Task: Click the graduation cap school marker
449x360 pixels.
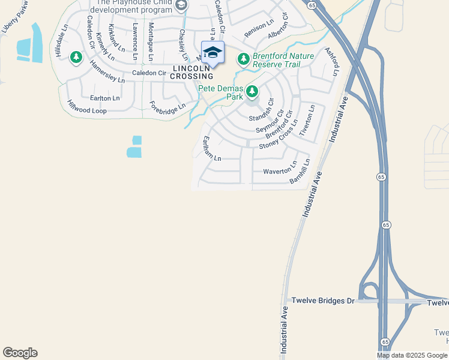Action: [x=212, y=53]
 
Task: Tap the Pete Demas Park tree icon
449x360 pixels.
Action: [x=252, y=92]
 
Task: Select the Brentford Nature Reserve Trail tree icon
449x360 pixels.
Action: [x=243, y=59]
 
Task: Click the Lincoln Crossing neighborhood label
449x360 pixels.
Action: [x=192, y=72]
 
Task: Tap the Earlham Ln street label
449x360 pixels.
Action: [x=212, y=148]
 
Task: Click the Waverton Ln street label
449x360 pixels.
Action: [x=280, y=169]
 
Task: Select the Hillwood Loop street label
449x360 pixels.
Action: [x=86, y=107]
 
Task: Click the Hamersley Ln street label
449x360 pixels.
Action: [x=107, y=71]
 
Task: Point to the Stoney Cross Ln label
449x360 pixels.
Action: [x=279, y=139]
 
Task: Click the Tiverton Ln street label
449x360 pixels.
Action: [x=307, y=121]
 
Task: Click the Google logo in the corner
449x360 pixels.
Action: [x=20, y=353]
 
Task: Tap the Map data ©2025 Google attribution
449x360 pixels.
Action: [x=412, y=355]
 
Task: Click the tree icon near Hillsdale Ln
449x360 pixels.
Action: [x=76, y=58]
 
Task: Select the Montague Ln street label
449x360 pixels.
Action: [x=151, y=41]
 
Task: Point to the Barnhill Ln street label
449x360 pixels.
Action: [x=300, y=172]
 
